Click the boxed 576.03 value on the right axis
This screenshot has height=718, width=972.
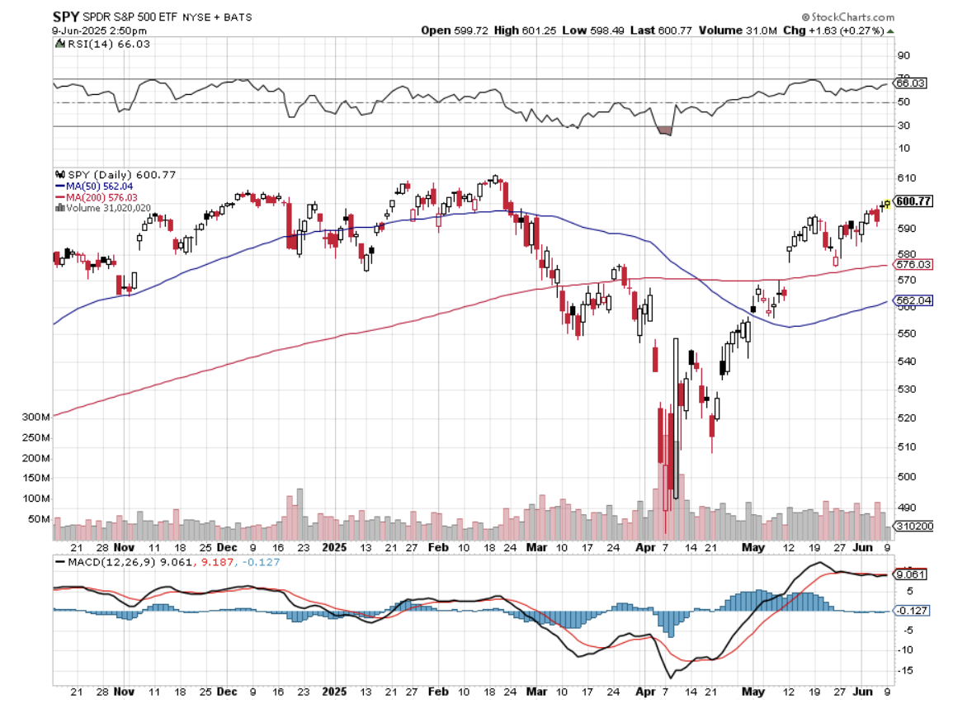tap(913, 264)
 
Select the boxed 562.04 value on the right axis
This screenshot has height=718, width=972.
tap(913, 301)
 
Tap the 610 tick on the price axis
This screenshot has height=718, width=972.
tap(906, 178)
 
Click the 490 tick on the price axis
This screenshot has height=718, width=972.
tap(906, 508)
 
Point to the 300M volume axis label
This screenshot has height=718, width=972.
tap(37, 418)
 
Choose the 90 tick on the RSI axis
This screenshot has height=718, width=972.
tap(904, 55)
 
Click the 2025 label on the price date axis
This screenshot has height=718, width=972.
tap(335, 547)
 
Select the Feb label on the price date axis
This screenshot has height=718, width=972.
tap(439, 547)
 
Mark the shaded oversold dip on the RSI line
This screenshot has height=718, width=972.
tap(664, 130)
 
